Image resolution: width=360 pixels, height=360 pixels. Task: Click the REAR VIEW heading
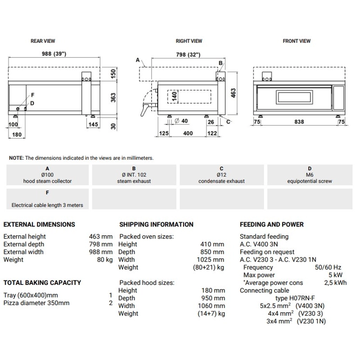click(x=43, y=41)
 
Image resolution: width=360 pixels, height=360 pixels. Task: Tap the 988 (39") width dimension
click(x=54, y=54)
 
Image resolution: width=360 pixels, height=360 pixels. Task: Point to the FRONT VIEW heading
click(x=297, y=41)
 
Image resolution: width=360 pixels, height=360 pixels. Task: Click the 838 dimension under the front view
click(x=299, y=121)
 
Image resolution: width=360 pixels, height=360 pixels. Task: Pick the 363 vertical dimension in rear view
click(x=113, y=97)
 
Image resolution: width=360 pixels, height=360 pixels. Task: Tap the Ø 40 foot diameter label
click(x=181, y=120)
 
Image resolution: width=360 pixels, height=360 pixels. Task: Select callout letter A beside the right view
click(x=137, y=59)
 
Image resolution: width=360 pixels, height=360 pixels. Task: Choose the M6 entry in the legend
click(x=309, y=175)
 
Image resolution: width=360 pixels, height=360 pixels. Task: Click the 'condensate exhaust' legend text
click(x=221, y=181)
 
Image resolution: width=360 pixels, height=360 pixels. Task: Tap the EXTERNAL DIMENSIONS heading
click(x=39, y=224)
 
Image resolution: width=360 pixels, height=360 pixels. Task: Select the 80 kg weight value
click(x=104, y=260)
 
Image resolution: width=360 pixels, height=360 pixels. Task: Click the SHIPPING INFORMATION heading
click(x=156, y=224)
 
